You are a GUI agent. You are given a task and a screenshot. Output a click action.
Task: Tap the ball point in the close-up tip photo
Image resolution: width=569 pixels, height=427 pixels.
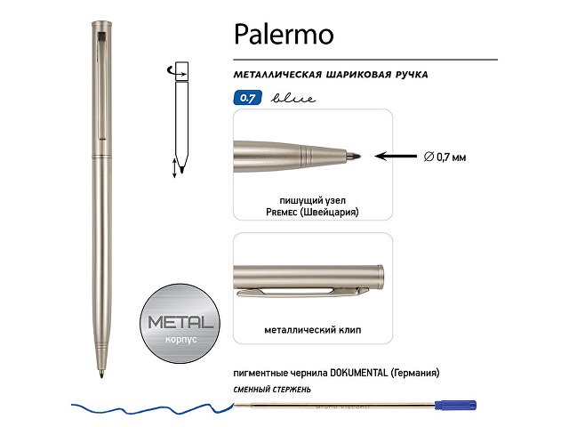tap(358, 156)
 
